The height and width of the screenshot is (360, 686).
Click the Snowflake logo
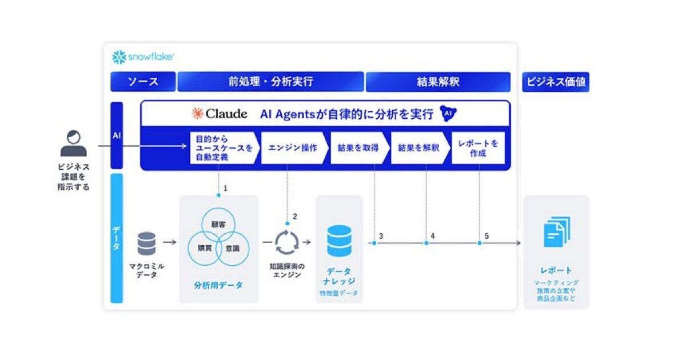143,57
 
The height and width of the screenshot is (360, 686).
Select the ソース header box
143,82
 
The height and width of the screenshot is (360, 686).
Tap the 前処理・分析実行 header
271,82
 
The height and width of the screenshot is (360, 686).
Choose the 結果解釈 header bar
438,82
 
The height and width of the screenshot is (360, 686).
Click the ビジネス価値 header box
556,82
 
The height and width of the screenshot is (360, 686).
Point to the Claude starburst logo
198,114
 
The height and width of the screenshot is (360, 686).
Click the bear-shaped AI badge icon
448,113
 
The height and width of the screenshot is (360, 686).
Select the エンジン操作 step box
294,148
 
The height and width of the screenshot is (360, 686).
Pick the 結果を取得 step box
360,148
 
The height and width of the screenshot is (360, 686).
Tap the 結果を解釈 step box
420,148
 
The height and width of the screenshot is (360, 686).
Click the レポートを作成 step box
478,148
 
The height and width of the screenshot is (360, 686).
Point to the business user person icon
74,143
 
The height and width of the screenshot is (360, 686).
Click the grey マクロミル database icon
146,243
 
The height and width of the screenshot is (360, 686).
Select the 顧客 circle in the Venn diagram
218,225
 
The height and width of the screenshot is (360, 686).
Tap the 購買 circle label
205,248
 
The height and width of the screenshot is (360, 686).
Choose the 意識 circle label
233,248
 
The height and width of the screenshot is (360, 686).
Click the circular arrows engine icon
286,242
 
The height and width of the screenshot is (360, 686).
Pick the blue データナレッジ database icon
339,241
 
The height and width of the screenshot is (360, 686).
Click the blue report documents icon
557,232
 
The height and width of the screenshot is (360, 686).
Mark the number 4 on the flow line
432,236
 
